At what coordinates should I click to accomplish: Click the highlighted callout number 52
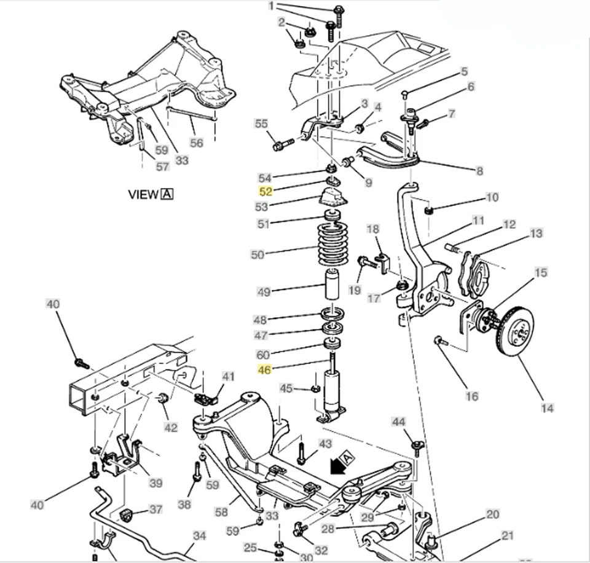[x=264, y=192]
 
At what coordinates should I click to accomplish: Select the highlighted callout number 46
[x=264, y=369]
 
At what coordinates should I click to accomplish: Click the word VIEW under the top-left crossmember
[x=143, y=194]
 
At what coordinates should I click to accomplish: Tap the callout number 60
[x=264, y=354]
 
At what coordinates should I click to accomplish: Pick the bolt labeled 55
[x=283, y=146]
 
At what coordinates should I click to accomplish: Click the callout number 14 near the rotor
[x=547, y=407]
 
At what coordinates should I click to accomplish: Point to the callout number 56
[x=196, y=143]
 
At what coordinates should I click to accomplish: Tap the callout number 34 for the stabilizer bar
[x=199, y=536]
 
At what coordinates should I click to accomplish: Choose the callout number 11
[x=478, y=221]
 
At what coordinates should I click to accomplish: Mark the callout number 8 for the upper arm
[x=479, y=171]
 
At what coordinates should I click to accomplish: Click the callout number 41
[x=228, y=376]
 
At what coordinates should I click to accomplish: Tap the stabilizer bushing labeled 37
[x=128, y=514]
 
